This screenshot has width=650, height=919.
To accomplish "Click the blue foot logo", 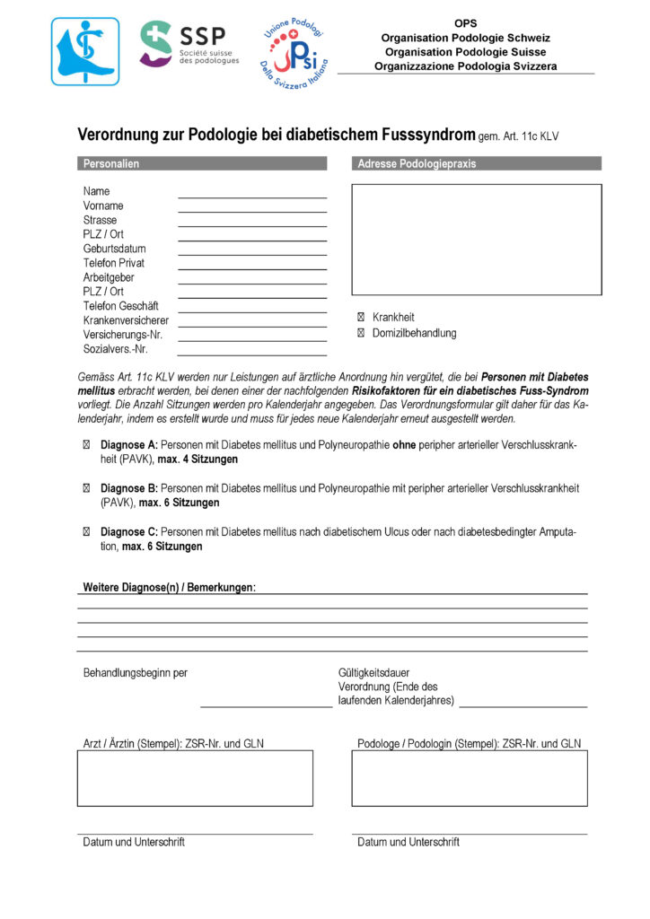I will (84, 51).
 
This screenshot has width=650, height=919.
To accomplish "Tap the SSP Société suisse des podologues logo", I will (189, 44).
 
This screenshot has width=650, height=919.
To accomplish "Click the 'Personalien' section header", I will (111, 163).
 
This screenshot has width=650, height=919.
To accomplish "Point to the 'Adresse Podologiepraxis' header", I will (417, 163).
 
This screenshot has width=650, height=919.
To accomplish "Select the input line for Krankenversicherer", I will (252, 324).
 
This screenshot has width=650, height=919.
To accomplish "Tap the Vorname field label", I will (103, 206).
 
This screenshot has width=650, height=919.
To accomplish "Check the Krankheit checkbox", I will (361, 318).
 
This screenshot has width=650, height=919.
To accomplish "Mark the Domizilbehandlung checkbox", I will (361, 334).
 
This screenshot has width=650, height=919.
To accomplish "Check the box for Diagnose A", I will (87, 445).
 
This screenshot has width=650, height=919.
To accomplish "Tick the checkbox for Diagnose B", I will (87, 488).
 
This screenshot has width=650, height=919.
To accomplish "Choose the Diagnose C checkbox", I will (87, 532).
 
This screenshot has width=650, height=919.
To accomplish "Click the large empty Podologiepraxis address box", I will (476, 240).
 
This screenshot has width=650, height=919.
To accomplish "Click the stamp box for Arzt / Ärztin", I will (195, 778).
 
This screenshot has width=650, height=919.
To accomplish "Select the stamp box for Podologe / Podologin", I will (469, 778).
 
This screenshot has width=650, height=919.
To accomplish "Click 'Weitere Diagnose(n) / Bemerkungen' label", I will (169, 587).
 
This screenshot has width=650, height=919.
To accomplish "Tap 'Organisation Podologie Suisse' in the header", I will (465, 52).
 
